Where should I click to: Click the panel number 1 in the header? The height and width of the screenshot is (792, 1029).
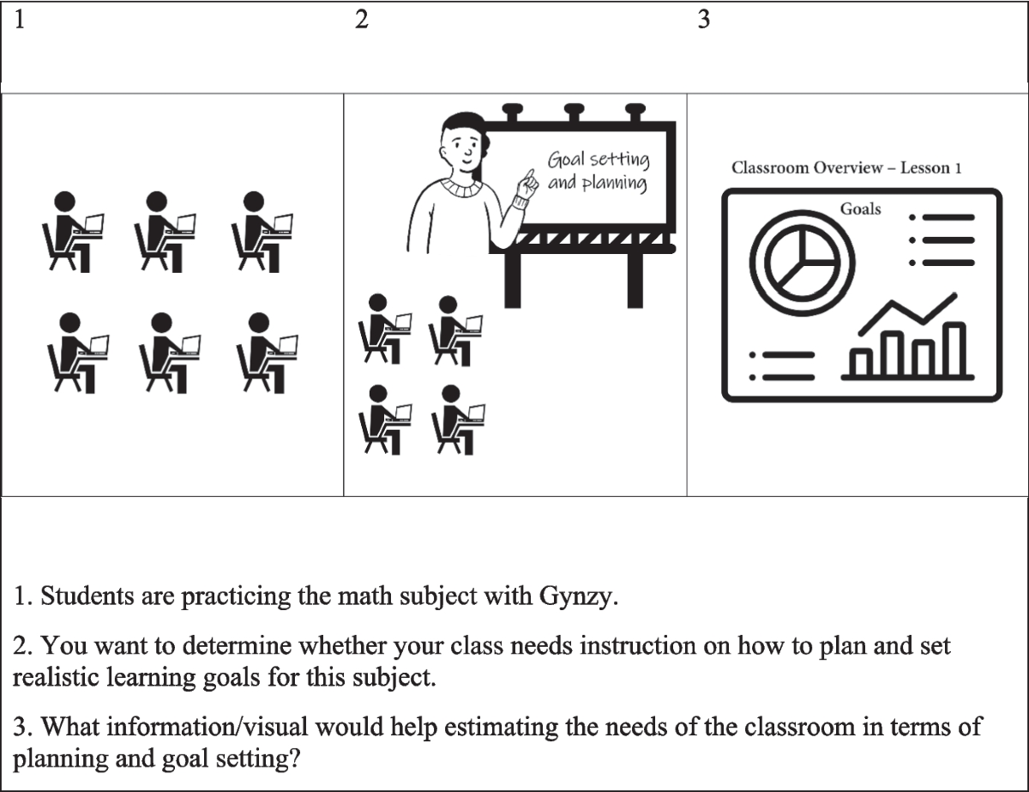[x=18, y=21]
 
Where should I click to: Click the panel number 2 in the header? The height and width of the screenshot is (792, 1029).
[x=361, y=21]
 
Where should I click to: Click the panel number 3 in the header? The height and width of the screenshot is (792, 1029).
[x=704, y=21]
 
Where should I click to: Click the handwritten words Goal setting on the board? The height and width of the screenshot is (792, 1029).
[x=599, y=159]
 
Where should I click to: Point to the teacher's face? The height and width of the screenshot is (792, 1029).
[x=464, y=149]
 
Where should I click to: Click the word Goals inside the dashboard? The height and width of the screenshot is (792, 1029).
[x=860, y=209]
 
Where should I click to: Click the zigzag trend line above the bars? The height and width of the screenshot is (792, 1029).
[x=909, y=312]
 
